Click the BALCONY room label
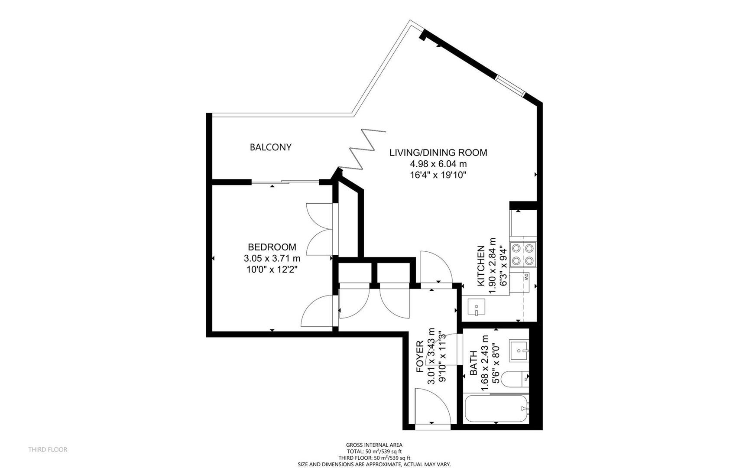270,147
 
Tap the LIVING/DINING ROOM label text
438,153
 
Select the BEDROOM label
272,247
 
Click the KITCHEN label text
481,266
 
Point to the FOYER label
420,357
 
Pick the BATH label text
473,363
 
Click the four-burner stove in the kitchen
523,254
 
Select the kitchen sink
477,307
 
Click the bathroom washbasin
519,350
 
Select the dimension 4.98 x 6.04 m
438,164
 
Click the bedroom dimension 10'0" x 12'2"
272,270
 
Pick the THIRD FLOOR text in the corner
48,450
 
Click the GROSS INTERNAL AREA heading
374,445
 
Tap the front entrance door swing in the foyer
431,405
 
